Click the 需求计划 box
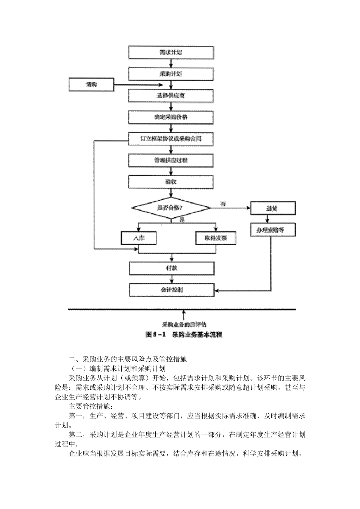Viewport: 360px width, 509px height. [171, 53]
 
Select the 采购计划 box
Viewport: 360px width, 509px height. [171, 74]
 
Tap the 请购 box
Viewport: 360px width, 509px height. [91, 84]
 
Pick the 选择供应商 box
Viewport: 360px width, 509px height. [171, 95]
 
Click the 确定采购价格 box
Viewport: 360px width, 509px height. [171, 117]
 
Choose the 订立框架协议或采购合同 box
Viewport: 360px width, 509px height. [171, 139]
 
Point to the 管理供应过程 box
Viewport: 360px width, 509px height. [171, 161]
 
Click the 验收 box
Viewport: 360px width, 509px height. [171, 182]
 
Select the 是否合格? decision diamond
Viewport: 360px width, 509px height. [171, 208]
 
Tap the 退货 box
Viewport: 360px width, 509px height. [273, 208]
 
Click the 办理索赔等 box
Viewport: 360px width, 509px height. [273, 230]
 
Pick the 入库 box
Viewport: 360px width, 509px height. [139, 238]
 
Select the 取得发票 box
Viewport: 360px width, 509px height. [216, 238]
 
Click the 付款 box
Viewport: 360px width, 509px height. [172, 269]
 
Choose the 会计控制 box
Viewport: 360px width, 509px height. [172, 290]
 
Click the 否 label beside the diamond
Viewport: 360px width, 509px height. [223, 204]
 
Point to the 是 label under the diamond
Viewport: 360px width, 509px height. [182, 220]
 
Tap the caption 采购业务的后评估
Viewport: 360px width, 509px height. [184, 325]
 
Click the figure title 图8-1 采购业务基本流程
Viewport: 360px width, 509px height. [184, 335]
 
